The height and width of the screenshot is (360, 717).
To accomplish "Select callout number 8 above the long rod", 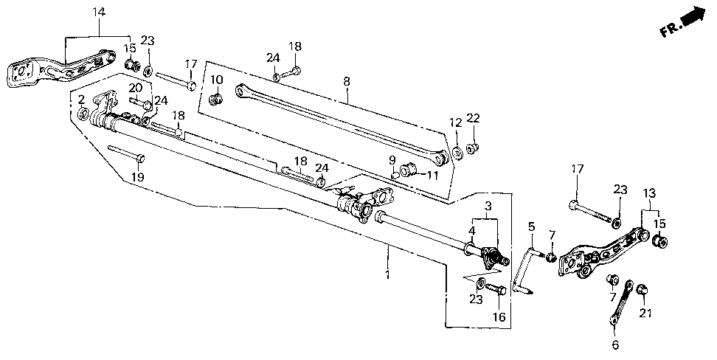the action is pos(347,82).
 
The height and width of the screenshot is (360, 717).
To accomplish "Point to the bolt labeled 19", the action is pos(126,153).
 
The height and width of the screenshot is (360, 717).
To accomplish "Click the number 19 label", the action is pos(138,176).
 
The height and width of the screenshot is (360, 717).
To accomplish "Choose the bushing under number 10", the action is pos(216,99).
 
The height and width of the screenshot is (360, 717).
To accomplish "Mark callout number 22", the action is pos(474,118).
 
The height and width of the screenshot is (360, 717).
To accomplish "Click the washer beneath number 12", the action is pos(457,152).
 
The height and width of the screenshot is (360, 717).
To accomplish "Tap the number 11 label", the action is pos(432,174).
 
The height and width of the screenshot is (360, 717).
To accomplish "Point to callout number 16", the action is pos(499,316).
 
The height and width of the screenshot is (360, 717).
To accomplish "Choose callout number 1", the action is pos(388,275).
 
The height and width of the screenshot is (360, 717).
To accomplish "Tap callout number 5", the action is pos(531,226).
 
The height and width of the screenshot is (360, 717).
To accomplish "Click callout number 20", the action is pos(135,87).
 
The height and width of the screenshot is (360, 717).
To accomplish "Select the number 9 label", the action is pos(392,160).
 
